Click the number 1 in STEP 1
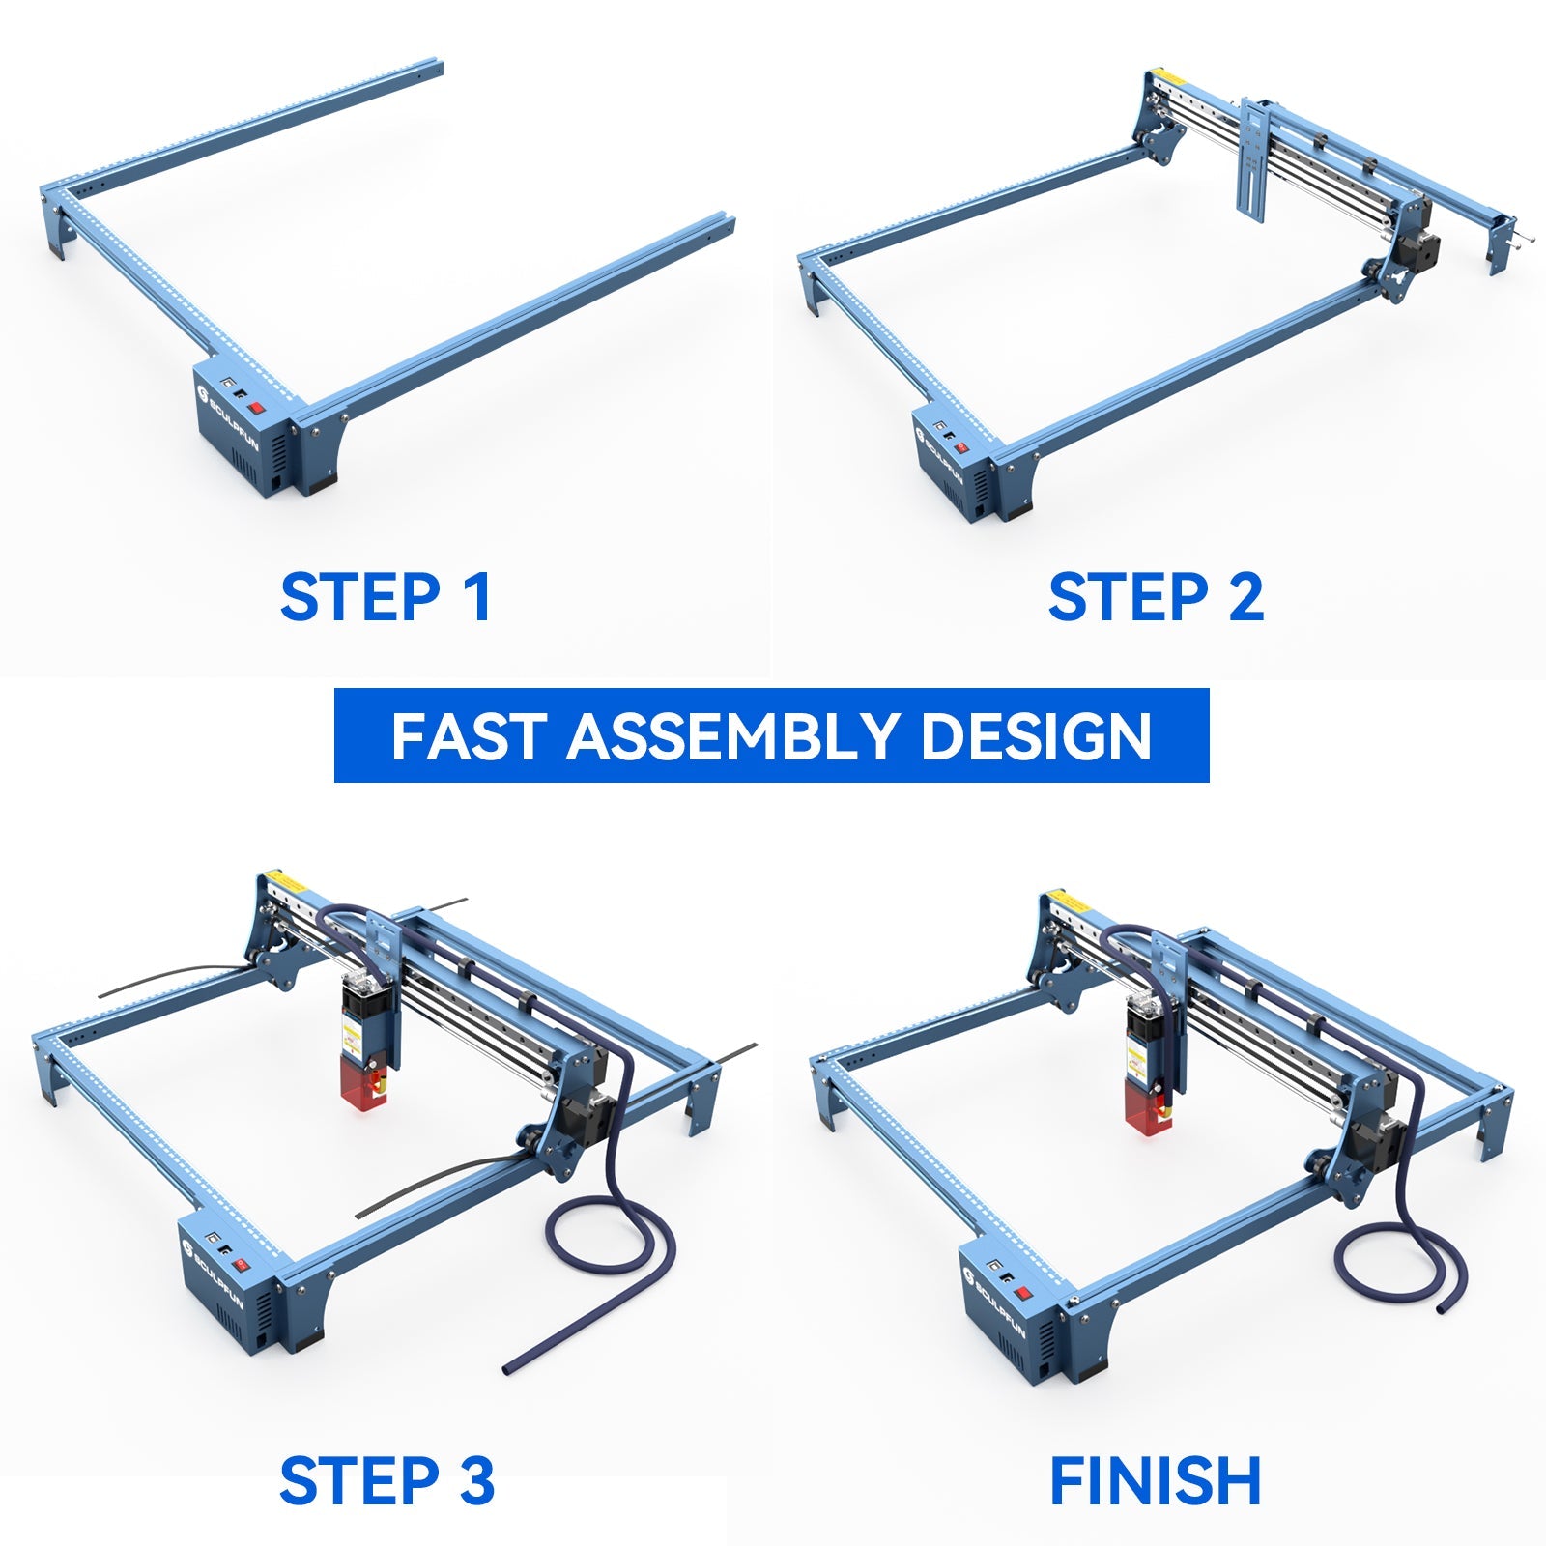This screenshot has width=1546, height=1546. click(x=476, y=597)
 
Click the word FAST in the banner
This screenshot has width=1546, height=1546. click(x=468, y=736)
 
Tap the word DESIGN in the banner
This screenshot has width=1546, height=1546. click(x=1036, y=736)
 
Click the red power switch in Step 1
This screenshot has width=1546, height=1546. click(x=257, y=408)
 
